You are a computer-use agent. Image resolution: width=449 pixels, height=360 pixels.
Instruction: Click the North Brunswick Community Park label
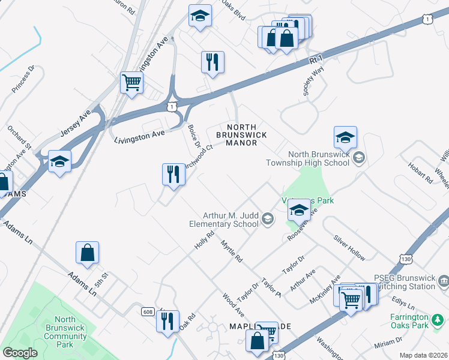[x=64, y=332]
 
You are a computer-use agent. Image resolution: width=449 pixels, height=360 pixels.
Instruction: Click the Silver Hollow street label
[x=349, y=248]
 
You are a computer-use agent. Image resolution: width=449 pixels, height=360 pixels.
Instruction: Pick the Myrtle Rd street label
[x=231, y=251]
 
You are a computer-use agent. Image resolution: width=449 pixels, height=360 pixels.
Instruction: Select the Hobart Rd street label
[x=420, y=170]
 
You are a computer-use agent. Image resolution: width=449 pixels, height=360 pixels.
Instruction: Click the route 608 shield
[x=148, y=311]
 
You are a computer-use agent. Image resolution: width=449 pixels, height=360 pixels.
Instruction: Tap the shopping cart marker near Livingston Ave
[x=131, y=83]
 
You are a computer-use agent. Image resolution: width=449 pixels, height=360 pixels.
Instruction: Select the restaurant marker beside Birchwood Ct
[x=173, y=175]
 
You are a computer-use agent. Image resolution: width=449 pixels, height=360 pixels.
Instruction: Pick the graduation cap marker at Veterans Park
[x=298, y=211]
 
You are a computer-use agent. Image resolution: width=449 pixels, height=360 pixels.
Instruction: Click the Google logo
[x=20, y=353]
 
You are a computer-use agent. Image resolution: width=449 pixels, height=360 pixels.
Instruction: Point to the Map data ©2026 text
[x=423, y=355]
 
